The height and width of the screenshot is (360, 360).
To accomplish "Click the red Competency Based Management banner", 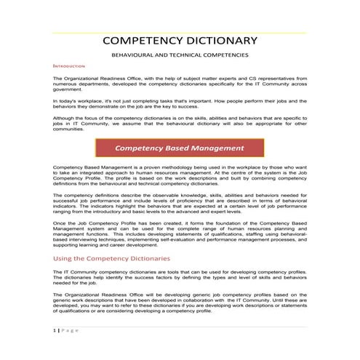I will click(x=180, y=148).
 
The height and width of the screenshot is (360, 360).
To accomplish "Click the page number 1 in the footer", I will click(x=55, y=330).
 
